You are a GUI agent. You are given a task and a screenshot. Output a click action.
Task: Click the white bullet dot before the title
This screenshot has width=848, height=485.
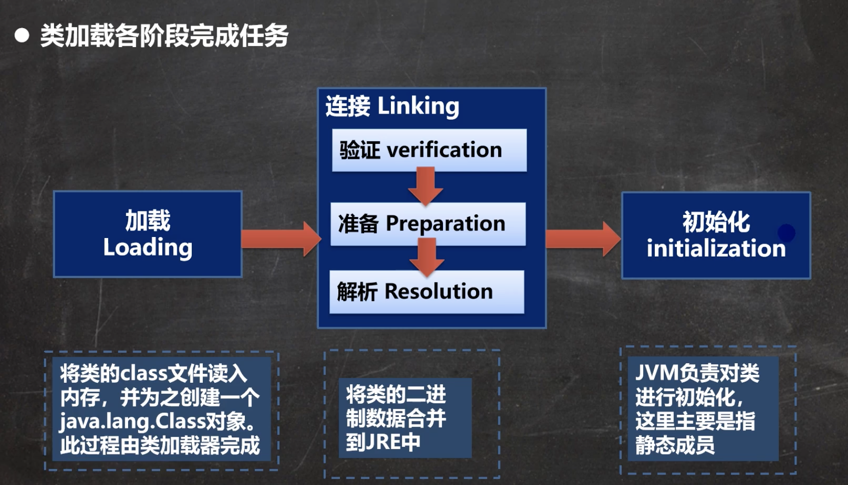pyautogui.click(x=22, y=36)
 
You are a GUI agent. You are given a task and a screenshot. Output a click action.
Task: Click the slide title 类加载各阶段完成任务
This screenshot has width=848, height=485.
pyautogui.click(x=164, y=36)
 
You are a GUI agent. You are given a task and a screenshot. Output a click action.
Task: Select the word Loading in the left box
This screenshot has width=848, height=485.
pyautogui.click(x=148, y=248)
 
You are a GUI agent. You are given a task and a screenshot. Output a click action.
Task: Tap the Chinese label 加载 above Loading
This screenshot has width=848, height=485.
pyautogui.click(x=148, y=221)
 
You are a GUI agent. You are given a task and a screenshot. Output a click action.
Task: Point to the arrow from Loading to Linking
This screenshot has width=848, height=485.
pyautogui.click(x=280, y=239)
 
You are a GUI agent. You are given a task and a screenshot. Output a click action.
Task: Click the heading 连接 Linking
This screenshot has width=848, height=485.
pyautogui.click(x=392, y=106)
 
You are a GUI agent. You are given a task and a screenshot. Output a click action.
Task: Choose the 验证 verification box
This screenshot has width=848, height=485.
pyautogui.click(x=429, y=150)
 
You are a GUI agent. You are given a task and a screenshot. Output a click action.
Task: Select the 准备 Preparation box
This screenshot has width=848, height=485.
pyautogui.click(x=428, y=224)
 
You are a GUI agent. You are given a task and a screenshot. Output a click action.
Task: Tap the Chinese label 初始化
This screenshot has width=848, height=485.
pyautogui.click(x=716, y=222)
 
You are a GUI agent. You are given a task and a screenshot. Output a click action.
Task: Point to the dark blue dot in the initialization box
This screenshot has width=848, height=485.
pyautogui.click(x=786, y=232)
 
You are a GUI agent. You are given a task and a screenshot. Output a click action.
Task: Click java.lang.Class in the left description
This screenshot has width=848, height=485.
pyautogui.click(x=130, y=421)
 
